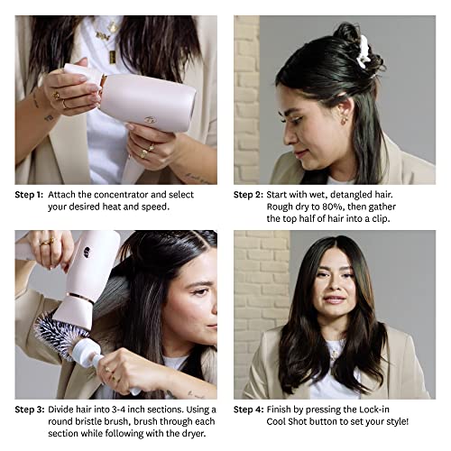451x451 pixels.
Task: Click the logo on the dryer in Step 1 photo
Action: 149,118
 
